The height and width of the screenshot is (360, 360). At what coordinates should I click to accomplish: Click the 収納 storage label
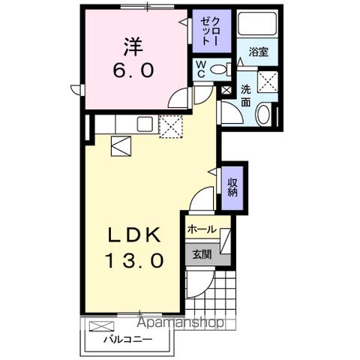click(232, 185)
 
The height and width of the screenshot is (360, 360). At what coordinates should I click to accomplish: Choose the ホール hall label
click(202, 229)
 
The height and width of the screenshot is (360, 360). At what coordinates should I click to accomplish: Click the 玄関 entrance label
click(201, 254)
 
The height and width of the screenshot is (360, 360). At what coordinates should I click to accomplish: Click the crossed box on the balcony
click(102, 327)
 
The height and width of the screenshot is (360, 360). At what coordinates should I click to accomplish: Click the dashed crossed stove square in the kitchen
click(172, 127)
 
